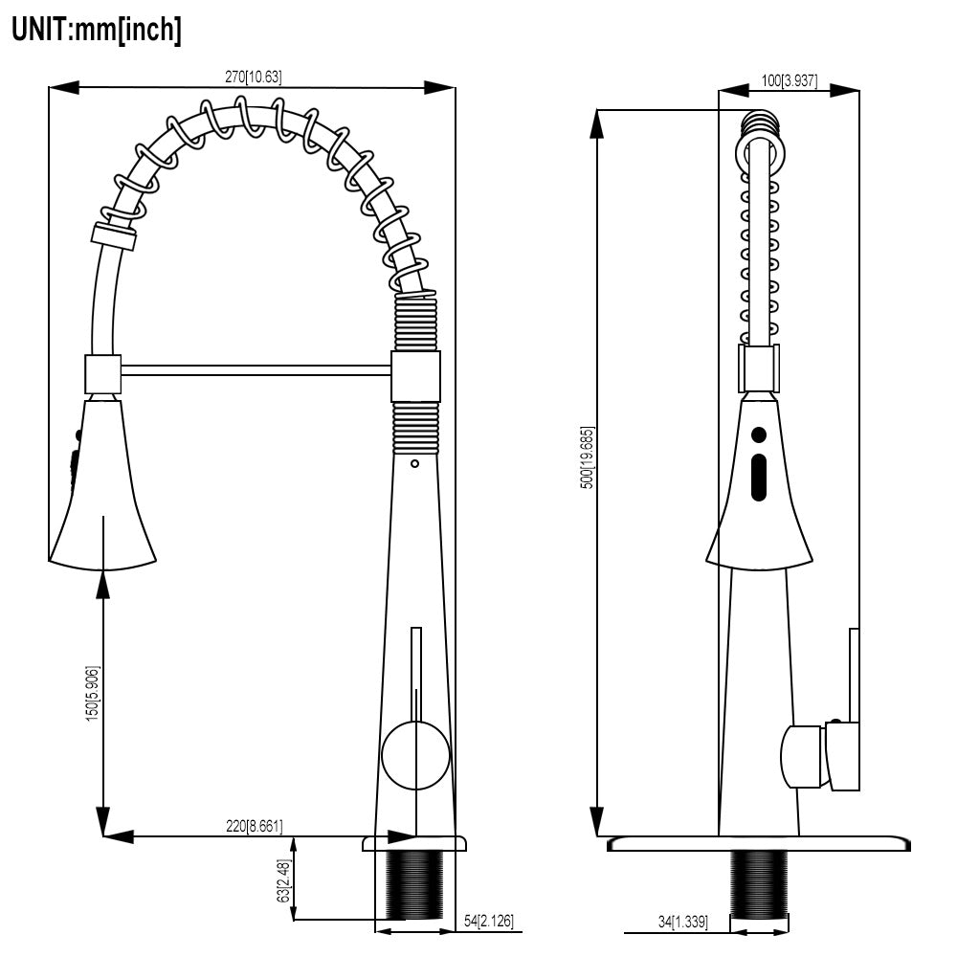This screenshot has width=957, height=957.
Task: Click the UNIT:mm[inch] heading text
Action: [97, 29]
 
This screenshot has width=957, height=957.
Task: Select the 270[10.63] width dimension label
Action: [254, 77]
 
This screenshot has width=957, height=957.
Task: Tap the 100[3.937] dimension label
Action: [790, 80]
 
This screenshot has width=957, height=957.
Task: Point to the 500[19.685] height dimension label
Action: [587, 457]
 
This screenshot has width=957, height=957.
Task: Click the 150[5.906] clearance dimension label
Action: [92, 693]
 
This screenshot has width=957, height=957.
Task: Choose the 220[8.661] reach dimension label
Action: [254, 826]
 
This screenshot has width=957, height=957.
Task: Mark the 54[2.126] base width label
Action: [489, 921]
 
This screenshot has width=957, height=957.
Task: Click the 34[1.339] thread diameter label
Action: [683, 921]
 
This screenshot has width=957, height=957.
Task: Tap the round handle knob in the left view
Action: [415, 755]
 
